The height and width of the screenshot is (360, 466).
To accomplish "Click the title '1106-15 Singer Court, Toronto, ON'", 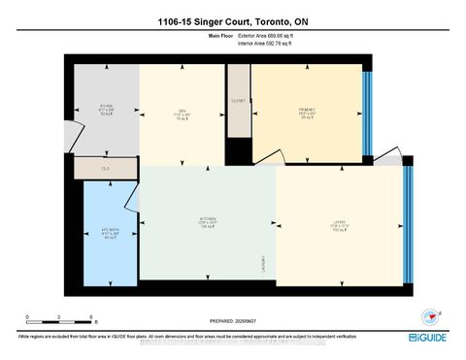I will point(233,20).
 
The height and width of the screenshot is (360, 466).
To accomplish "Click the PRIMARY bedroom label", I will point(308,111).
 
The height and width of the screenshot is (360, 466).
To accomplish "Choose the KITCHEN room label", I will point(206,221).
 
